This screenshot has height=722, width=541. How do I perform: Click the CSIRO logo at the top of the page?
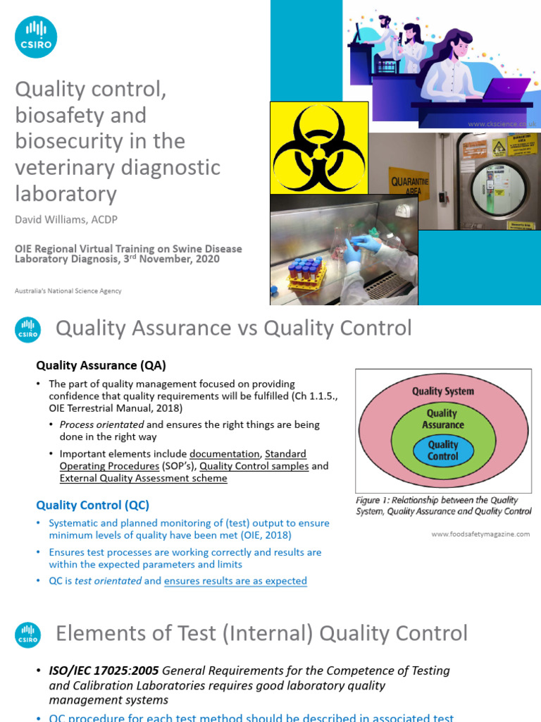pyautogui.click(x=36, y=36)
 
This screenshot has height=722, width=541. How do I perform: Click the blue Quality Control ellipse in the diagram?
pyautogui.click(x=442, y=451)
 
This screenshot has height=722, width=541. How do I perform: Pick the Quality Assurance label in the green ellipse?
pyautogui.click(x=442, y=419)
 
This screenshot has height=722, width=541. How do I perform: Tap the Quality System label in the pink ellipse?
pyautogui.click(x=442, y=391)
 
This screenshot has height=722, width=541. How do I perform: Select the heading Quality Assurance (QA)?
pyautogui.click(x=101, y=365)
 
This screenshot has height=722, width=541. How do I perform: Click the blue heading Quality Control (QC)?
pyautogui.click(x=93, y=505)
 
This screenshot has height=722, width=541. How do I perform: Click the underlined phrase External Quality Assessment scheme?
pyautogui.click(x=144, y=478)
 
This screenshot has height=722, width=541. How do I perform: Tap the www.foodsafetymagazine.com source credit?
pyautogui.click(x=480, y=534)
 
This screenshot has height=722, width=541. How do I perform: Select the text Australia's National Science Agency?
pyautogui.click(x=68, y=290)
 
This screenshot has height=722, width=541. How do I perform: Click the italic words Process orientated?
pyautogui.click(x=102, y=424)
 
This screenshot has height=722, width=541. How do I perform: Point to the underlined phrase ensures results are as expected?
pyautogui.click(x=235, y=581)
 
